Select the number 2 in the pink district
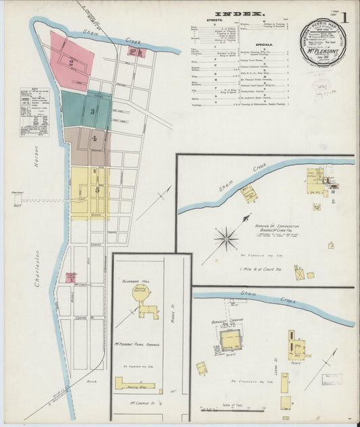[x=70, y=63]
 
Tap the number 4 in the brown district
[x=95, y=139]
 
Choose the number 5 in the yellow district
[x=97, y=191]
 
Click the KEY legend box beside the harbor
[x=34, y=112]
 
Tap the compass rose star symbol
[x=226, y=237]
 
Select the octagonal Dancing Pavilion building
[x=140, y=291]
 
